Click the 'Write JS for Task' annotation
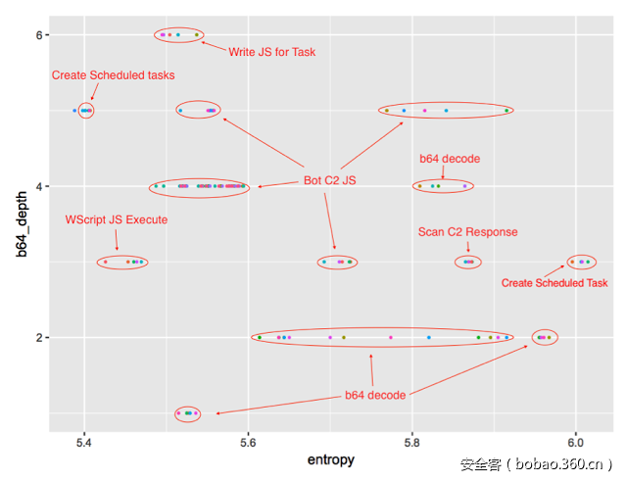point(272,52)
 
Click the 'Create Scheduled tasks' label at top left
point(113,74)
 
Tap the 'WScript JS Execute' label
point(116,219)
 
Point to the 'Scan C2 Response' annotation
point(467,232)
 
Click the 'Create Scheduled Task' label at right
point(555,283)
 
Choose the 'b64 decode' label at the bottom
point(375,395)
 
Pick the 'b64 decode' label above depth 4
point(450,158)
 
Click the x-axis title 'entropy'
point(330,459)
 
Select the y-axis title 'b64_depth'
point(21,224)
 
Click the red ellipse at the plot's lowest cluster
point(187,413)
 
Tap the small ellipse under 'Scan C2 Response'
point(468,262)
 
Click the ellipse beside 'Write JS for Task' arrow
point(179,35)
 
